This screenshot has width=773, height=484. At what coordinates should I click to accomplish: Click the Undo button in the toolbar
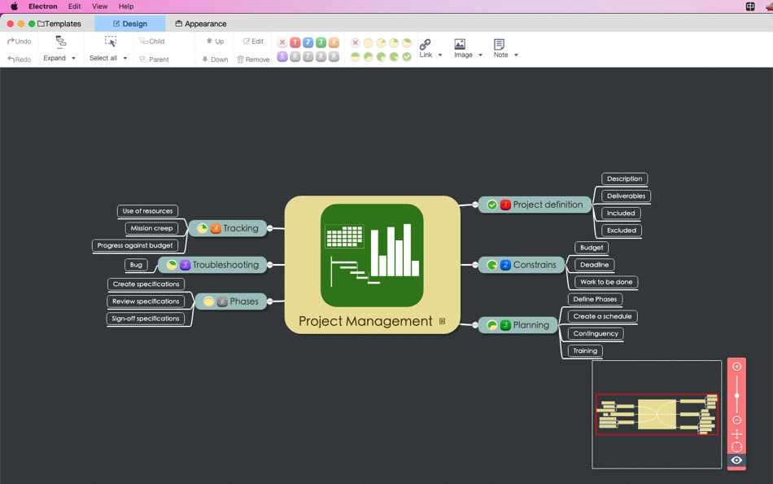tap(19, 41)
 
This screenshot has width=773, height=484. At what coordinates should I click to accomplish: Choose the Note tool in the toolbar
tap(503, 49)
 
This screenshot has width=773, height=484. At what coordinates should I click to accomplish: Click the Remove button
tap(253, 59)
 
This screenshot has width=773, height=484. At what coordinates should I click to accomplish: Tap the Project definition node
tap(547, 205)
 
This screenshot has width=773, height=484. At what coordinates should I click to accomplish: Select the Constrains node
tap(534, 265)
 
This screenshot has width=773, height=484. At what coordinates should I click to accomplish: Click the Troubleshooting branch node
tap(225, 265)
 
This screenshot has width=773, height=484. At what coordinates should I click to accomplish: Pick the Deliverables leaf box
tap(626, 196)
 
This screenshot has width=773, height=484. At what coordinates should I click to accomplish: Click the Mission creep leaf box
tap(151, 228)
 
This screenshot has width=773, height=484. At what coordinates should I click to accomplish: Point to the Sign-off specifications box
tap(146, 319)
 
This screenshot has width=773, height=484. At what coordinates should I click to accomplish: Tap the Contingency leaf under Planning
tap(596, 333)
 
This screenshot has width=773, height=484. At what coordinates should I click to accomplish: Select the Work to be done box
tap(606, 282)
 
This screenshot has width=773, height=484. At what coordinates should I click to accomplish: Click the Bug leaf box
tap(136, 265)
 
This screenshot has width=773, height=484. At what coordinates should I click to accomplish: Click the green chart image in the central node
tap(372, 255)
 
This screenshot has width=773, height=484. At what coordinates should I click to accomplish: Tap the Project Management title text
tap(365, 321)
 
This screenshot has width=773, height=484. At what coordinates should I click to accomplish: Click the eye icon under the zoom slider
tap(736, 460)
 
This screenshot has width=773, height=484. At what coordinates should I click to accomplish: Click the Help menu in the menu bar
tap(126, 7)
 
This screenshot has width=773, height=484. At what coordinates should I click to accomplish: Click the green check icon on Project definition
tap(492, 205)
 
